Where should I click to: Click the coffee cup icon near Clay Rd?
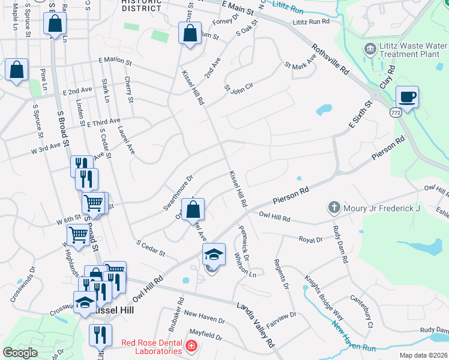(407, 97)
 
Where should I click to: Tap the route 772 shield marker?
(395, 112)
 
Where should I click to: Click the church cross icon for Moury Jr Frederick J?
(334, 208)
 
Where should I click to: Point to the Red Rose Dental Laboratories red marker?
(191, 346)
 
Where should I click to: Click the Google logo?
(20, 353)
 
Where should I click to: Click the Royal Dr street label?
(311, 239)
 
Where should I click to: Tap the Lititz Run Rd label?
(312, 22)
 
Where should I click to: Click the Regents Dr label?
(282, 273)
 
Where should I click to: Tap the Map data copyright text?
(423, 355)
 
